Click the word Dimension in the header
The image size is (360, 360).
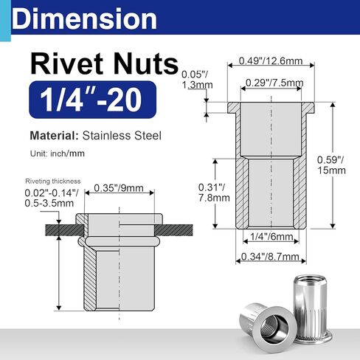coord(85,18)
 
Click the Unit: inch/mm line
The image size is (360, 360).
coord(58,156)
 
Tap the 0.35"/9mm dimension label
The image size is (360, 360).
coord(120,188)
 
